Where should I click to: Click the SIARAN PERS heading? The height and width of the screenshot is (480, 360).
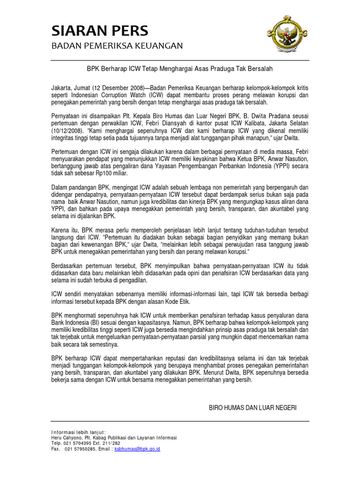[x=99, y=31]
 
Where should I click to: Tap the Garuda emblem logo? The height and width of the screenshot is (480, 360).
[x=287, y=38]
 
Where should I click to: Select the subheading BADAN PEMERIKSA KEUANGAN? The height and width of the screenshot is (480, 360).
[x=117, y=45]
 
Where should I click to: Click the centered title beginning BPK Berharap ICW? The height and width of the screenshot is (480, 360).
[x=180, y=68]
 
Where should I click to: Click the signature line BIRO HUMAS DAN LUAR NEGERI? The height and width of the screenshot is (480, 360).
[x=253, y=408]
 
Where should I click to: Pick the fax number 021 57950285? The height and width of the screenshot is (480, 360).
[x=81, y=449]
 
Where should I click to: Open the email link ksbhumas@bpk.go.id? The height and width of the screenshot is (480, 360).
[x=137, y=449]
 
